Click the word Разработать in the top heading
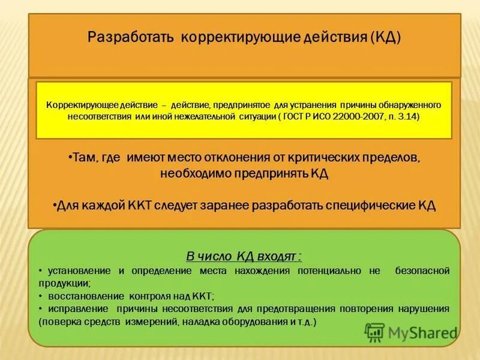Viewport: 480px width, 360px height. [130, 37]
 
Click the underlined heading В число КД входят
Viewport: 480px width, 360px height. [244, 257]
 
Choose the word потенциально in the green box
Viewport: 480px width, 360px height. [327, 271]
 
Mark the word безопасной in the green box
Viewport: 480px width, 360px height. [422, 271]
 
